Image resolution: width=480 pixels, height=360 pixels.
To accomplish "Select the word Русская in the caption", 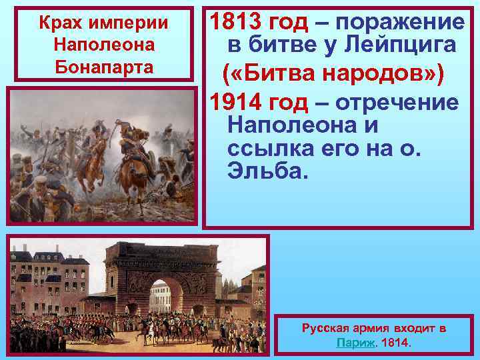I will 327,328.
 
